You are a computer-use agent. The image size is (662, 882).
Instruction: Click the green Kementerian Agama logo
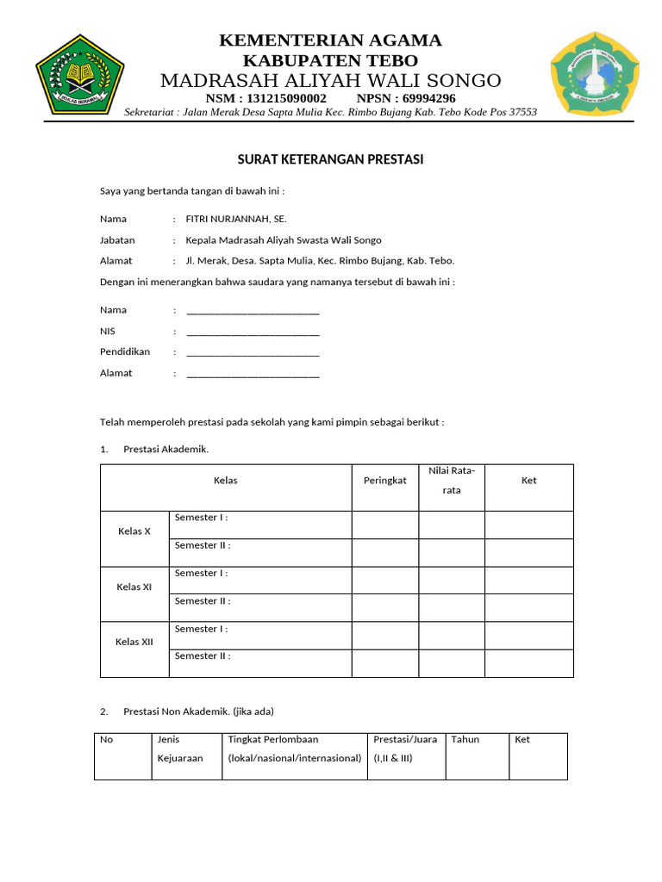pyautogui.click(x=80, y=75)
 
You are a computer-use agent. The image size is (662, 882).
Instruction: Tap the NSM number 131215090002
pyautogui.click(x=285, y=98)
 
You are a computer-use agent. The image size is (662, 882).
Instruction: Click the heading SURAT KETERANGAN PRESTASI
pyautogui.click(x=330, y=160)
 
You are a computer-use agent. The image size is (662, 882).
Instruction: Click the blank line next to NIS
pyautogui.click(x=253, y=331)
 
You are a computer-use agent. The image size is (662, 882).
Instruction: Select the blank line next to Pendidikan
pyautogui.click(x=253, y=352)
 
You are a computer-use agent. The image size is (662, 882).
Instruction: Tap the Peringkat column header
pyautogui.click(x=384, y=481)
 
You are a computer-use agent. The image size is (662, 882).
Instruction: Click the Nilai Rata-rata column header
pyautogui.click(x=452, y=480)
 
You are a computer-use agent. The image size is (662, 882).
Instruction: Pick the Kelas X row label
pyautogui.click(x=134, y=531)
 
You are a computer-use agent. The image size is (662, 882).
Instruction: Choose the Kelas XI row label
pyautogui.click(x=134, y=587)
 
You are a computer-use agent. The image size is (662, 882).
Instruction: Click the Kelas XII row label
pyautogui.click(x=134, y=643)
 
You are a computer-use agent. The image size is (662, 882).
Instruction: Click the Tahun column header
pyautogui.click(x=465, y=739)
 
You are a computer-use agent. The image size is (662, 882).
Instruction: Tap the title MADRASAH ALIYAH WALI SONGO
pyautogui.click(x=330, y=80)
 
